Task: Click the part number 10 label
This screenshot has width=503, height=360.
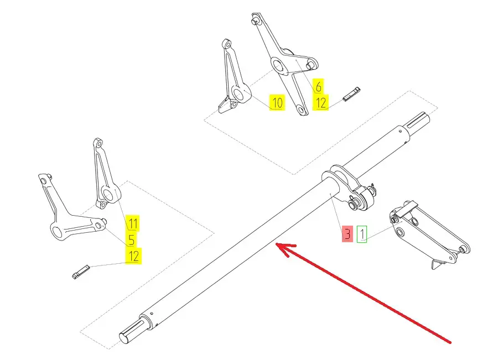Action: coord(277,103)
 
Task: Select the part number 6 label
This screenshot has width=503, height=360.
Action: coord(318,86)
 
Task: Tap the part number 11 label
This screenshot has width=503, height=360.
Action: coord(133,223)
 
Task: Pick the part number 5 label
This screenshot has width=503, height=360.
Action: coord(132,240)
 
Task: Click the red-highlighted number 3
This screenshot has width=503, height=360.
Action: coord(347,234)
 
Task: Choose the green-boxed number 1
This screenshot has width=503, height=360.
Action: coord(361,234)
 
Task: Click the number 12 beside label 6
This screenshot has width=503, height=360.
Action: coord(320,102)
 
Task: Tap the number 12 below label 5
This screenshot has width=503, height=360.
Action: coord(133,255)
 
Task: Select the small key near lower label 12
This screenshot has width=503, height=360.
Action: coord(80,272)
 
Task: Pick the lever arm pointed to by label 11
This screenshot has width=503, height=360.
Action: coord(105,174)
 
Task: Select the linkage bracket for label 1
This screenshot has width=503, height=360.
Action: coord(426,232)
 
